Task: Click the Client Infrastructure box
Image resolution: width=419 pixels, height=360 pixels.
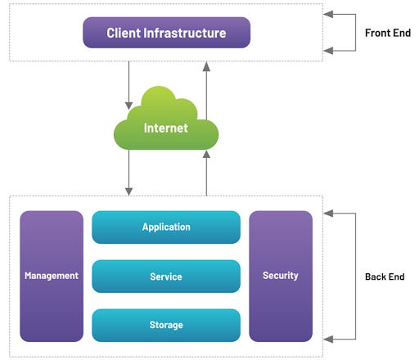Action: pos(166,33)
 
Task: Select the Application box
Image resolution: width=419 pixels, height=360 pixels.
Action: pos(166,227)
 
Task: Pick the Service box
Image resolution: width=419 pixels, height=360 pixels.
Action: pos(166,277)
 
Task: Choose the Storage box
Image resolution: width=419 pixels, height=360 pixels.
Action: pos(166,325)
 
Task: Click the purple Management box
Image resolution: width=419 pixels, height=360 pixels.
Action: pos(52,276)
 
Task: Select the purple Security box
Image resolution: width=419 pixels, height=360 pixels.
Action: pos(281,276)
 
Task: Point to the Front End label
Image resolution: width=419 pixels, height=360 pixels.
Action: pos(388,33)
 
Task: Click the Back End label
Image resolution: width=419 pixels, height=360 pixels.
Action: pos(385,277)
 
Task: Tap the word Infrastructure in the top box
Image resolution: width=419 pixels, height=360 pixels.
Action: pos(185,33)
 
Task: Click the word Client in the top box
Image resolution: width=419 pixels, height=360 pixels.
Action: pos(124,33)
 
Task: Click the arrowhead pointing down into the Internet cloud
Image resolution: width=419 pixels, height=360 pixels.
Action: pos(128,106)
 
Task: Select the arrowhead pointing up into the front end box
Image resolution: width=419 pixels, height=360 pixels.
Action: pos(206,66)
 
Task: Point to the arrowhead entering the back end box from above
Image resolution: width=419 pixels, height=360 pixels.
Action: pos(128,191)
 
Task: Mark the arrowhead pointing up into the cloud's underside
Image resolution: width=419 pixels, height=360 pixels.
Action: pos(206,155)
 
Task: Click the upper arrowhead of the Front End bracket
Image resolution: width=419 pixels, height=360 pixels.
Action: pos(328,14)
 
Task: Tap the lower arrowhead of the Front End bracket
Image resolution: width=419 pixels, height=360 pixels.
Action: pos(328,51)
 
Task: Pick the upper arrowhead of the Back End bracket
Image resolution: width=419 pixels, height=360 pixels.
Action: pos(328,214)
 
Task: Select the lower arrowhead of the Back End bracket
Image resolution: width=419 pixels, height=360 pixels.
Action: pos(328,340)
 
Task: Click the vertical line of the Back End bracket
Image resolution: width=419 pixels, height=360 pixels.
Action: pos(355,277)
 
